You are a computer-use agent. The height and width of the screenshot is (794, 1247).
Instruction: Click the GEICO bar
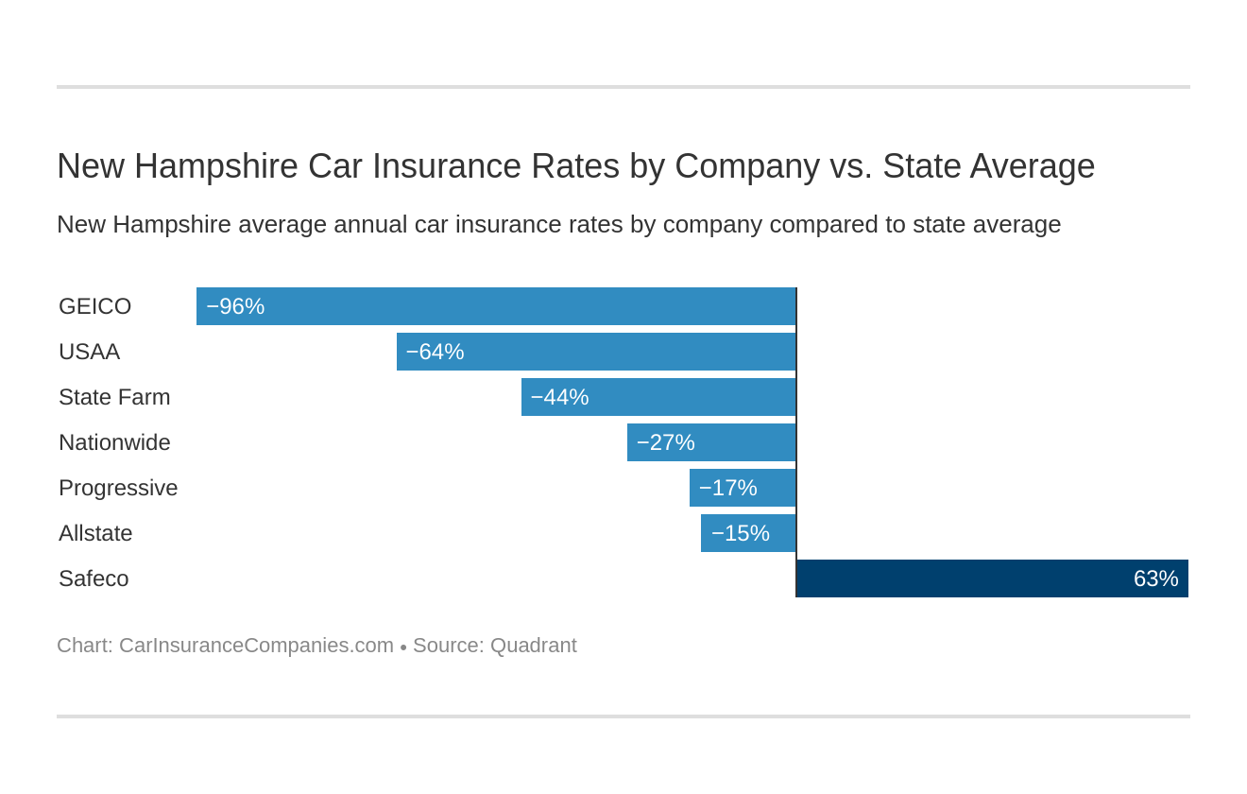pos(496,306)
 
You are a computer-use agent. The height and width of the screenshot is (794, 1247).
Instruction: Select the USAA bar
pos(596,352)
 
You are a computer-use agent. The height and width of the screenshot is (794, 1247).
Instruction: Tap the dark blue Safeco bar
pos(992,578)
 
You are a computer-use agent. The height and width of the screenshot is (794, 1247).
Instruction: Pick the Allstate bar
pos(748,533)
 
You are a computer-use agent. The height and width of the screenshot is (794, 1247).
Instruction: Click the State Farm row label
pos(114,397)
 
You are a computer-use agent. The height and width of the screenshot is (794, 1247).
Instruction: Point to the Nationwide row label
pos(114,442)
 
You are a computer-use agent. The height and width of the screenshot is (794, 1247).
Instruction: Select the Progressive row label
pos(118,488)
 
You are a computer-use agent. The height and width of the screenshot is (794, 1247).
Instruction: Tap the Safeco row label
pos(94,578)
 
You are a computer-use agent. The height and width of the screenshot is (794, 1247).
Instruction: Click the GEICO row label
pos(94,306)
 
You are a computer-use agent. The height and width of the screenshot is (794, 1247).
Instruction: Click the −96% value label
pos(235,306)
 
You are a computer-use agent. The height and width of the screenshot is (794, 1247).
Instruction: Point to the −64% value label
pos(435,352)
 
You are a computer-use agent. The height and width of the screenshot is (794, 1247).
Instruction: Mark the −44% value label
pos(559,397)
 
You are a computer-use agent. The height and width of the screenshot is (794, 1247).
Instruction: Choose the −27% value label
pos(665,442)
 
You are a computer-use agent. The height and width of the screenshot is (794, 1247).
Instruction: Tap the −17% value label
pos(727,488)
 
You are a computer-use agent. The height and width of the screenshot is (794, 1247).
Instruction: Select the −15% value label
pos(740,533)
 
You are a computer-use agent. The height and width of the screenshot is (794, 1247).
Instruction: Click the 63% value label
pos(1155,578)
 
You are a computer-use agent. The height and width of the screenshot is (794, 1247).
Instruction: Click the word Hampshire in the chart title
pos(216,166)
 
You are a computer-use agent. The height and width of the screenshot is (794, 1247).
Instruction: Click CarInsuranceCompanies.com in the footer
pos(256,646)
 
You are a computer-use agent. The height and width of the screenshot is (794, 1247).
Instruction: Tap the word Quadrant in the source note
pos(533,646)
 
